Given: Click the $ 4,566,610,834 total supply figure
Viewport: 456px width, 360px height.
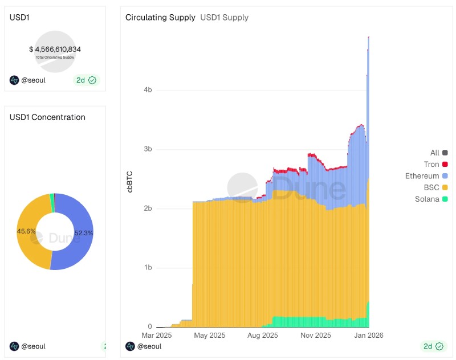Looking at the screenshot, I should click(x=55, y=50).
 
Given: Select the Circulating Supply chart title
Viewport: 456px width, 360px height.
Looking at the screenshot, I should click(x=160, y=18).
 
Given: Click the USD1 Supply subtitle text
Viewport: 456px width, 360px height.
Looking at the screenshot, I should click(x=224, y=18).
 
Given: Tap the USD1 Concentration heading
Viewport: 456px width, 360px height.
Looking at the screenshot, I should click(x=47, y=117).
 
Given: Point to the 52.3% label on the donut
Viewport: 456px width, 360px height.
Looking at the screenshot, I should click(x=84, y=233).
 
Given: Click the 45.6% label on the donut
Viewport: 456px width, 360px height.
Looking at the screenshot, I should click(x=26, y=231).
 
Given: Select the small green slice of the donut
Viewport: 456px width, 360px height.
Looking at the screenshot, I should click(x=52, y=197).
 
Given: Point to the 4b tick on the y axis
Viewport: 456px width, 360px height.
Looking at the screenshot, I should click(x=148, y=90).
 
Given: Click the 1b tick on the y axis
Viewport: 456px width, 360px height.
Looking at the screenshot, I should click(x=148, y=268).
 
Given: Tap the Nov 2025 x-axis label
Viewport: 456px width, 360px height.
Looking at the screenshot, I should click(x=315, y=336).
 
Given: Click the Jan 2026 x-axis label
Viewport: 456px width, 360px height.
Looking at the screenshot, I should click(x=368, y=336).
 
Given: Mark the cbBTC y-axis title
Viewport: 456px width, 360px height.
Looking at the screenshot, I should click(x=129, y=180).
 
